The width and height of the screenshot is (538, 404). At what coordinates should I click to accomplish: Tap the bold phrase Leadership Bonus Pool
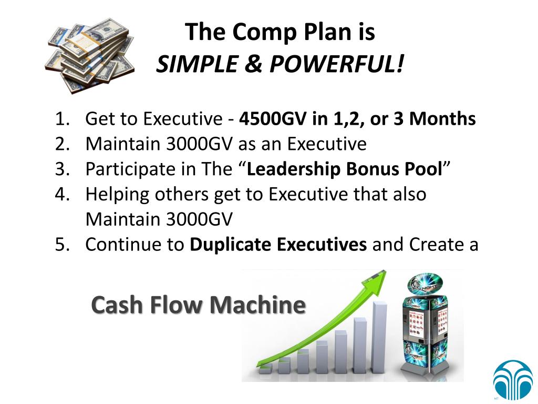[x=344, y=169]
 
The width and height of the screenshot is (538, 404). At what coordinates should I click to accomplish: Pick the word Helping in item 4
[x=118, y=195]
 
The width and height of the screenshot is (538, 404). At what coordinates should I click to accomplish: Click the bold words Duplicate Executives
[x=278, y=245]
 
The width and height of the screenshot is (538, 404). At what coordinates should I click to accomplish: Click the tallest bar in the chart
[x=379, y=337]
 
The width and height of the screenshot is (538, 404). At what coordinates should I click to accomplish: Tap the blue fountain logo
[x=512, y=380]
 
